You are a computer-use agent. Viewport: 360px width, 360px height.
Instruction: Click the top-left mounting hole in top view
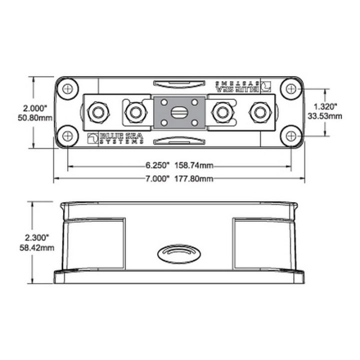[67, 89]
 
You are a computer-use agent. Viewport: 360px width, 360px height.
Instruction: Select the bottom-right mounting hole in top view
[291, 135]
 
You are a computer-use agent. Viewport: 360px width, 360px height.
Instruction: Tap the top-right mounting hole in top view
[291, 89]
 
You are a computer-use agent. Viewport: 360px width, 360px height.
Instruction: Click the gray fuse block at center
[179, 112]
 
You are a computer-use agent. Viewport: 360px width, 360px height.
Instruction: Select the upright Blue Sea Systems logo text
[116, 137]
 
